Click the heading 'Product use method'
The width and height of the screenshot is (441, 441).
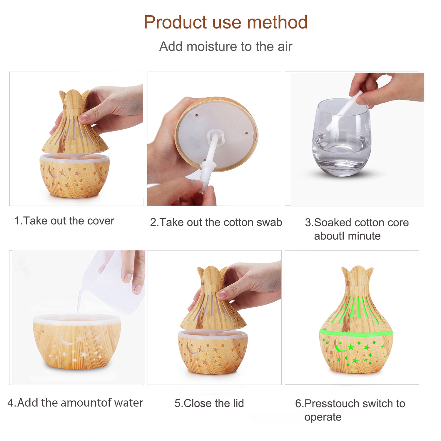click(x=225, y=22)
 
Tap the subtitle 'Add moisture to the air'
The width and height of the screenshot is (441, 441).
click(x=225, y=46)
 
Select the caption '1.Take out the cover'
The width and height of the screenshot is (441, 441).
click(x=64, y=221)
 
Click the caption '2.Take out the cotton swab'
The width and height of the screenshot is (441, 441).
click(x=216, y=222)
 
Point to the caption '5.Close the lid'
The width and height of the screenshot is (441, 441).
click(x=209, y=403)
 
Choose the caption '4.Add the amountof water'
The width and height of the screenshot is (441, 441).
click(x=75, y=402)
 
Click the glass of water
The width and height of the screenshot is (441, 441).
click(x=342, y=137)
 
